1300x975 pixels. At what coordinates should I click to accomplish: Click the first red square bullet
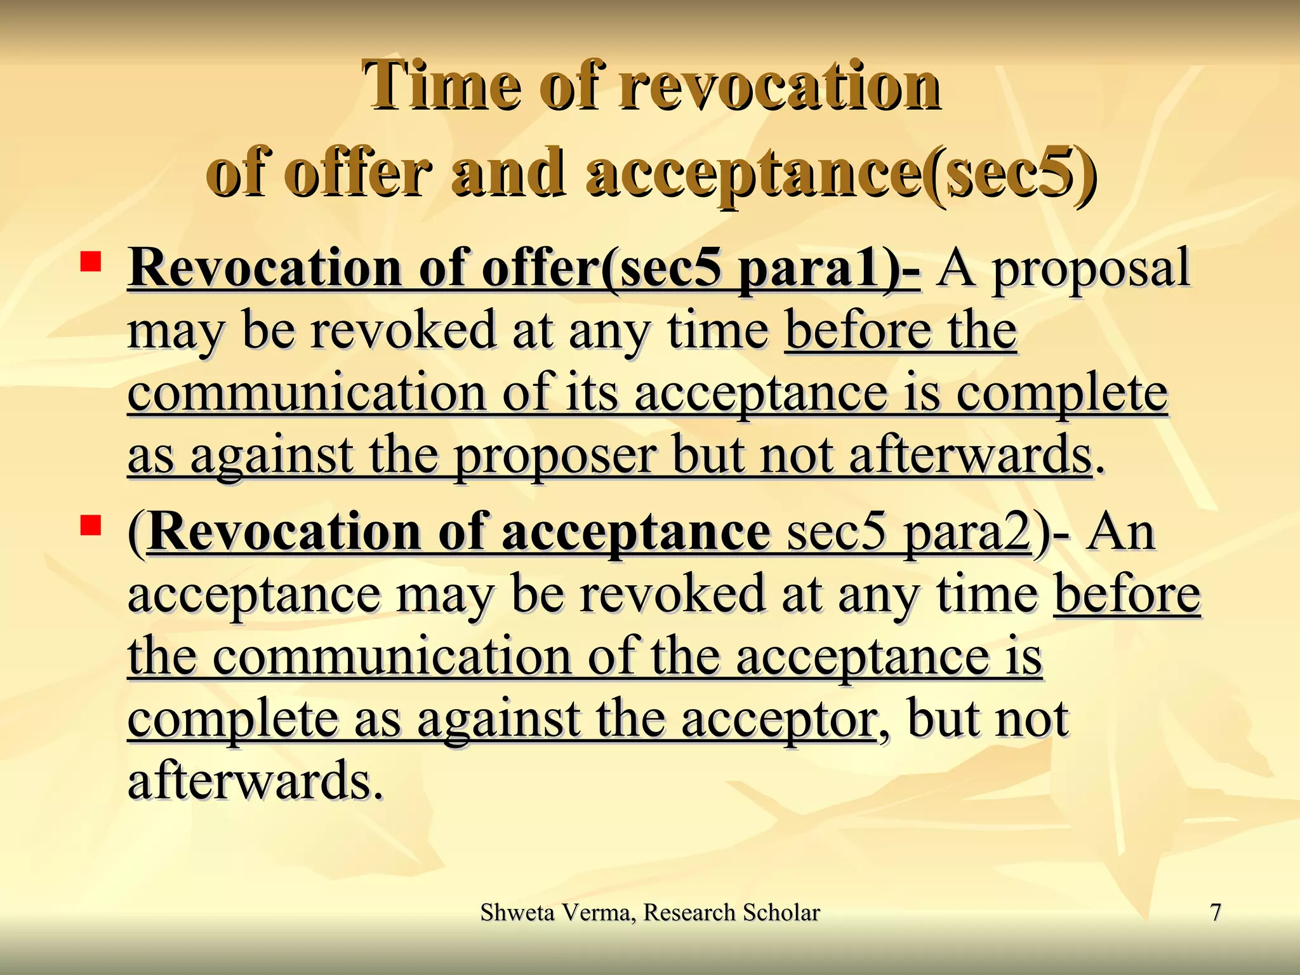(91, 262)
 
